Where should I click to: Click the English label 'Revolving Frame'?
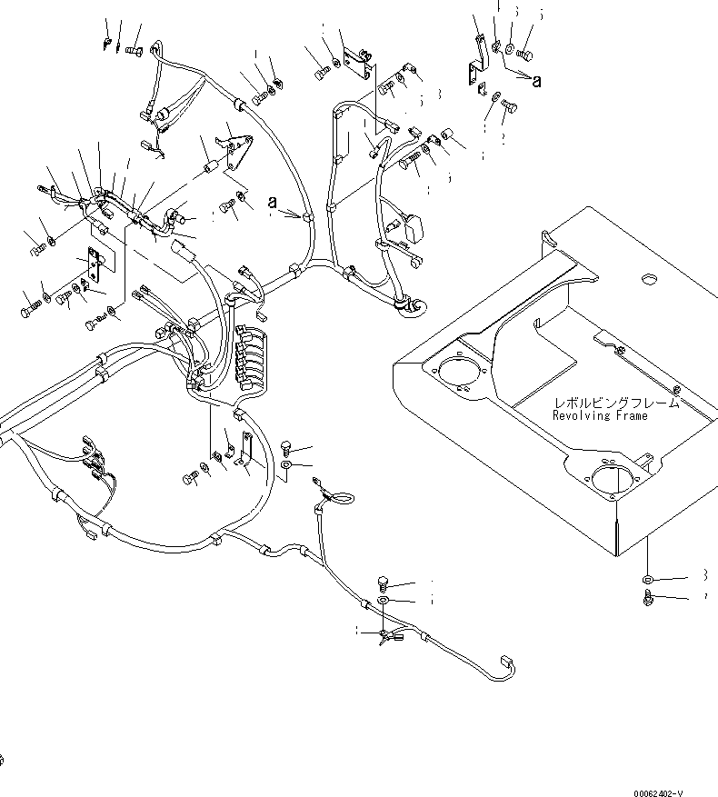[x=600, y=415]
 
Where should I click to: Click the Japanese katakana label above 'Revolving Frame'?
[x=606, y=403]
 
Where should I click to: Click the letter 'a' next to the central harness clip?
[x=272, y=204]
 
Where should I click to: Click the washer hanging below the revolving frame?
[x=646, y=579]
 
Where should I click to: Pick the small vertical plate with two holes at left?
[x=95, y=268]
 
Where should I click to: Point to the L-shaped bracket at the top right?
[x=474, y=73]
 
